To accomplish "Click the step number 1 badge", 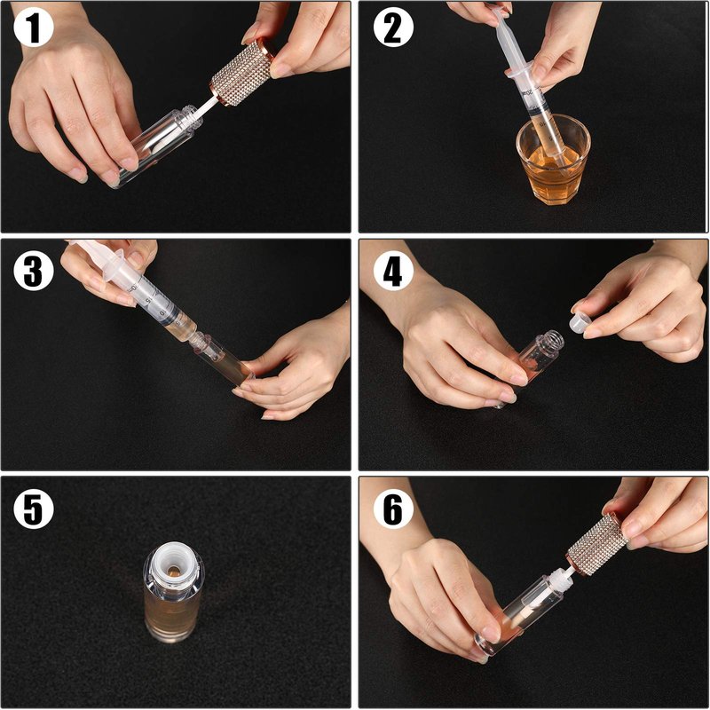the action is point(33,28).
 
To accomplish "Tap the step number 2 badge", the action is point(392,28).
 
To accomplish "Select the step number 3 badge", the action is point(33,272).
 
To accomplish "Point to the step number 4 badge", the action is point(392,272).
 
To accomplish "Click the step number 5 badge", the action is point(33,509).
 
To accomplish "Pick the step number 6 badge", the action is point(392,509).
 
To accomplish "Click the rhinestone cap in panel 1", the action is point(242,73).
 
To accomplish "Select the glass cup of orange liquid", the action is point(553,161).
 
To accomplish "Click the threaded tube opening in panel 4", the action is point(550,339).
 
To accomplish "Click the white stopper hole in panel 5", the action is point(174,570).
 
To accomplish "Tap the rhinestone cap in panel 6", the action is point(597,545).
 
